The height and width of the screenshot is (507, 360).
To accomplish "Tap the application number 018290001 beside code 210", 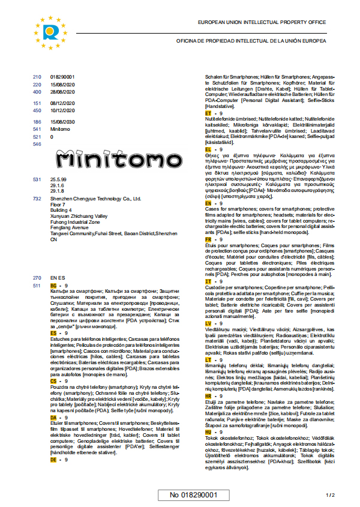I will (62, 77).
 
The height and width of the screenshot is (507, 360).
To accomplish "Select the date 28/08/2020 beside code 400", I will (62, 91).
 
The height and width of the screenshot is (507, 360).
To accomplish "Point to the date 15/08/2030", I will (62, 122).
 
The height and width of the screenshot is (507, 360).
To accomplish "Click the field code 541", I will (37, 129).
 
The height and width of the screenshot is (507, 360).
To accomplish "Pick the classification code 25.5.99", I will (58, 179).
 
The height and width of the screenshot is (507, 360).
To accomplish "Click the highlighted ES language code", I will (53, 332).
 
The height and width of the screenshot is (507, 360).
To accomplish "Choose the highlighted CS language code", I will (53, 380).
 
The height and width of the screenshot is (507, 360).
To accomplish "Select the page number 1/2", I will (330, 496).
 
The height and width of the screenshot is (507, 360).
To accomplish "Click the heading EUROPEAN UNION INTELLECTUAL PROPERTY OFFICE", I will (262, 22).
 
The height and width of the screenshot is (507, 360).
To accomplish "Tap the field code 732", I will (37, 198).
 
